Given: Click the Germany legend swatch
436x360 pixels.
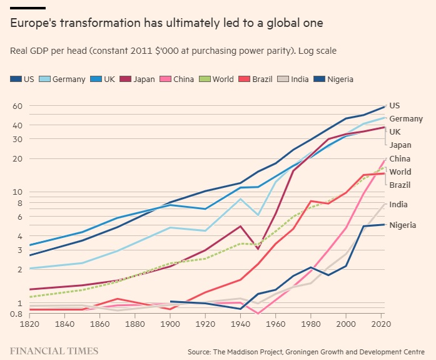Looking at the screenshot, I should point(44,80).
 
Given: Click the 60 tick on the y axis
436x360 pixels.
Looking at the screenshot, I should point(17,106).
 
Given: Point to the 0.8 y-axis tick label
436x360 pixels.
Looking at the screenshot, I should point(16,314).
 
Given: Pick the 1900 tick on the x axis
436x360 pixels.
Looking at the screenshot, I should point(171,326).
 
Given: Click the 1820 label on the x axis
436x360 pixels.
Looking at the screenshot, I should point(29,326).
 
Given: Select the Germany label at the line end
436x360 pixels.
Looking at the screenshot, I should point(405,119).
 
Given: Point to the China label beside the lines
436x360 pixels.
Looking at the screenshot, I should point(400,159).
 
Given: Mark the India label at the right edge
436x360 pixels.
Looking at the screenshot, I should point(398,205).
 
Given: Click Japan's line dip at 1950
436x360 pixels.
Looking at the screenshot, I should point(258,249).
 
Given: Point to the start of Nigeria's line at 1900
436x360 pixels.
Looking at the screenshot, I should point(171,301).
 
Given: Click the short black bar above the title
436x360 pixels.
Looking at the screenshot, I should point(28,8).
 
